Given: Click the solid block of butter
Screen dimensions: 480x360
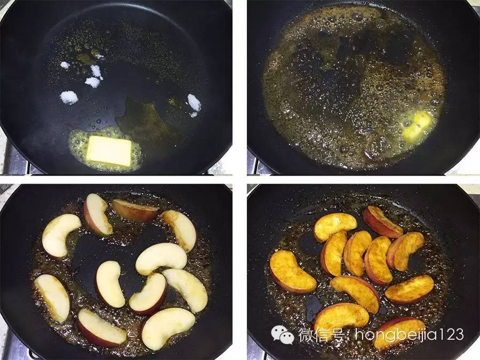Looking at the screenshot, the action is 109,151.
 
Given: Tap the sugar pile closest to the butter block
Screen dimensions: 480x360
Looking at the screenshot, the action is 69,98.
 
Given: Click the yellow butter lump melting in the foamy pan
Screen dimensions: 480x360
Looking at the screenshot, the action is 417,125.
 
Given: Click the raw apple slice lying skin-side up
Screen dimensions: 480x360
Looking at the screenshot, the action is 135,210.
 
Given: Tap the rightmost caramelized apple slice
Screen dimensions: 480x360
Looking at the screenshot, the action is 410,289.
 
